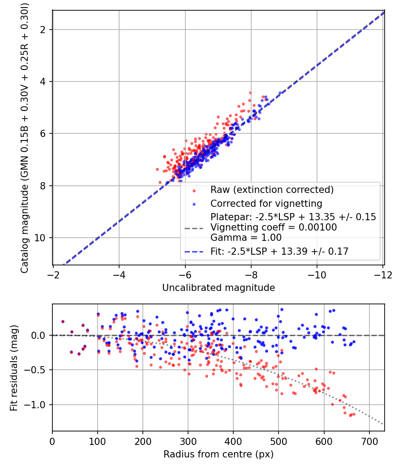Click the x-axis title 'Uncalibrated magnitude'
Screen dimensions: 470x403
coord(219,287)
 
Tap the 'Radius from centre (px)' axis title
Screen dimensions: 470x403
coord(219,454)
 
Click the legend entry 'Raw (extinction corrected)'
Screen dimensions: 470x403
coord(272,190)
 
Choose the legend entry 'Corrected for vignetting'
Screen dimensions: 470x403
coord(266,204)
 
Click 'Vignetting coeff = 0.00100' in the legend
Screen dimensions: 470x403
coord(274,227)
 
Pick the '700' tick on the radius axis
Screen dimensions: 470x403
coord(369,441)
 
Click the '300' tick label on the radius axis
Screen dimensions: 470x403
coord(188,441)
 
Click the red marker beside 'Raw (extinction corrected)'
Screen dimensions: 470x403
coord(194,190)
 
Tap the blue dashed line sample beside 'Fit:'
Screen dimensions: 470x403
coord(194,252)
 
